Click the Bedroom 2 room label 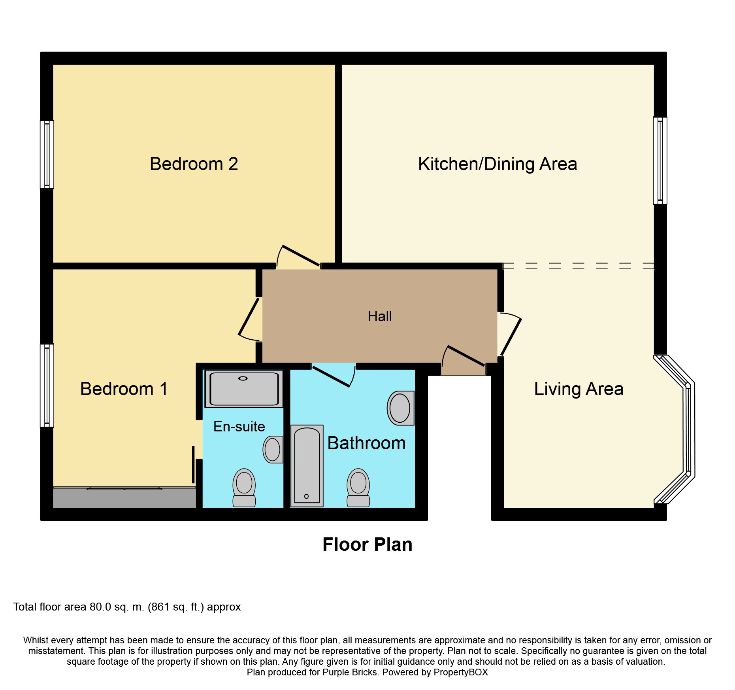pos(194,164)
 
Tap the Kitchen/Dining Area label pos(498,164)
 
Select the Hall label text pos(380,316)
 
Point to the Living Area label pos(579,389)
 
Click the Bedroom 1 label pos(124,389)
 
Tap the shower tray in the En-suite pos(244,389)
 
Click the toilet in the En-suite pos(244,488)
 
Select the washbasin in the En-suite pos(273,449)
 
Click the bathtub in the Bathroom pos(307,466)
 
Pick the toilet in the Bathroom pos(358,488)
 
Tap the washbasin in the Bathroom pos(400,408)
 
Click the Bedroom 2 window pos(47,155)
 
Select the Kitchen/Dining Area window pos(660,161)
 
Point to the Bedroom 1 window pos(47,386)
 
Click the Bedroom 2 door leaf pos(301,255)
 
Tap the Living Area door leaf pos(511,337)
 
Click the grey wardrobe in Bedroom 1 pos(124,497)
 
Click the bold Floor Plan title pos(367,544)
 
